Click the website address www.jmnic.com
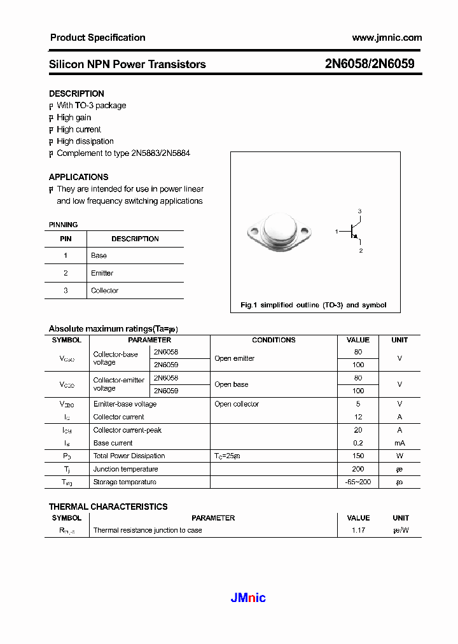(x=387, y=38)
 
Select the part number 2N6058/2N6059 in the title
(x=370, y=64)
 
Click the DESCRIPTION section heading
(x=76, y=94)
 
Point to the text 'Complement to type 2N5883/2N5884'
(x=123, y=153)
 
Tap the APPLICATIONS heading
(x=78, y=177)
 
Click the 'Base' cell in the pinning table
(x=99, y=256)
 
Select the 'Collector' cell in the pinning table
(x=104, y=291)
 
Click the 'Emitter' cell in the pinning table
(x=102, y=273)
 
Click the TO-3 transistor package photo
(x=279, y=232)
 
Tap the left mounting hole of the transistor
(x=252, y=232)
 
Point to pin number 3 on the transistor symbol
(x=359, y=211)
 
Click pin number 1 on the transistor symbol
(x=337, y=232)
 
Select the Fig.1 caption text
(x=313, y=305)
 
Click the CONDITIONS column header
(x=274, y=340)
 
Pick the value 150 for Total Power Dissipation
(x=357, y=456)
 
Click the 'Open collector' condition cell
(x=237, y=404)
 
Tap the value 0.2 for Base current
(x=357, y=443)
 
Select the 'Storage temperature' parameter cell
(x=125, y=482)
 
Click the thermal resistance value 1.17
(x=357, y=530)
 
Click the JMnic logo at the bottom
(x=247, y=598)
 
